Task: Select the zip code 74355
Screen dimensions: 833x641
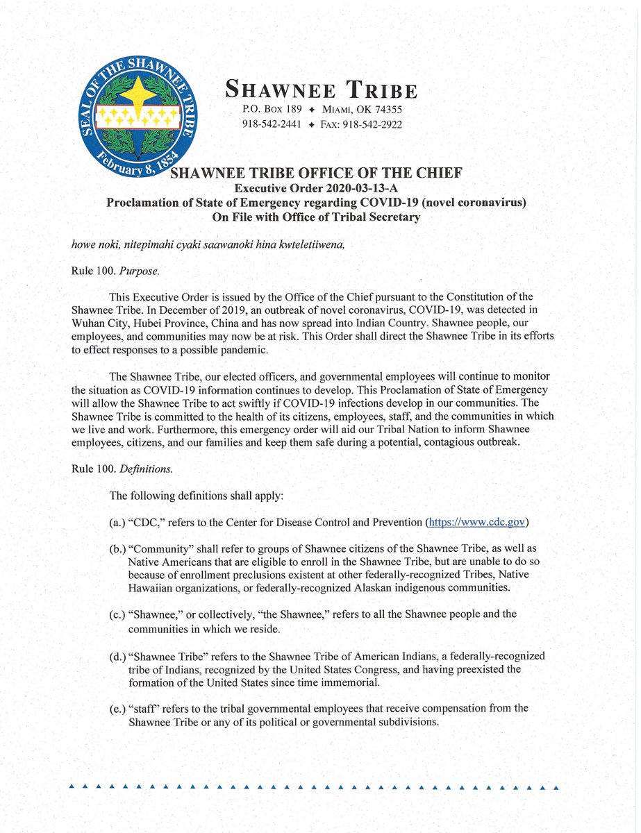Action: (387, 110)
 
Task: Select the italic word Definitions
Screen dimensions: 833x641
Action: (147, 469)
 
